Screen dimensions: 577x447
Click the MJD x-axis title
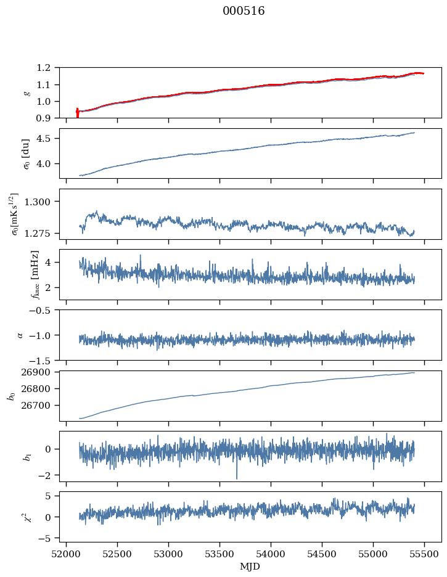click(x=250, y=567)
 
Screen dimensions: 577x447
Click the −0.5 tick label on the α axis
click(x=43, y=310)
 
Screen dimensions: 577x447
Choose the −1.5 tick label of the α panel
click(x=43, y=360)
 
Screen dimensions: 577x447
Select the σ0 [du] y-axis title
click(x=26, y=153)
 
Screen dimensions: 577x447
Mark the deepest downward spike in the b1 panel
click(x=236, y=478)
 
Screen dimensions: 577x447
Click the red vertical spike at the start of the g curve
click(x=77, y=113)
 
